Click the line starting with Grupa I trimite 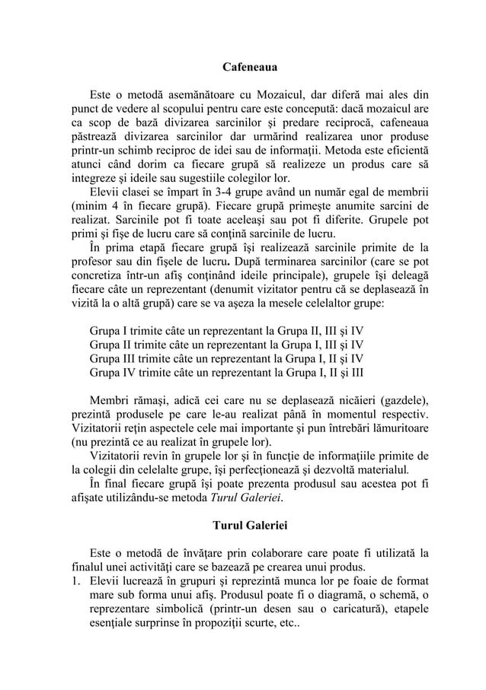(226, 331)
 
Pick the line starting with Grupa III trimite (226, 358)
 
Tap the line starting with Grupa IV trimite (226, 372)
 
